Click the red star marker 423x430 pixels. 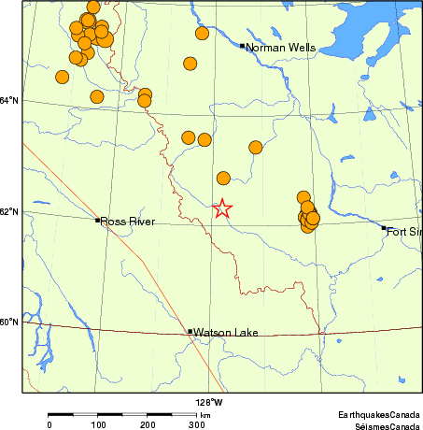[222, 208]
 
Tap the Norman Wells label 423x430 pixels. [280, 47]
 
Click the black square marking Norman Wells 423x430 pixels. [242, 45]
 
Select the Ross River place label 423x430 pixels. [128, 222]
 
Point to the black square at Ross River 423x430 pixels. [97, 220]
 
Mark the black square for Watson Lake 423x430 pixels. [190, 331]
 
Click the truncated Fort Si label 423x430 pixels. [404, 231]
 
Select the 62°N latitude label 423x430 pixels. [9, 212]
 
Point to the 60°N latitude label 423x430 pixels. [9, 322]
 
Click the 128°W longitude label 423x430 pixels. [208, 402]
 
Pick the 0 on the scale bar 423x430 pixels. [49, 425]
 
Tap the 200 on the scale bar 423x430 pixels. [148, 425]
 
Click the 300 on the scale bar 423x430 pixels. [196, 425]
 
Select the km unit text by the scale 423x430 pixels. [204, 414]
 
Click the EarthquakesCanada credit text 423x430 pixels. [379, 413]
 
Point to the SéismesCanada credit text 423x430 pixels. [382, 424]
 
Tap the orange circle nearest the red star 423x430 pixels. [223, 178]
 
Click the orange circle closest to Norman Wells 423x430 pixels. [202, 34]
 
